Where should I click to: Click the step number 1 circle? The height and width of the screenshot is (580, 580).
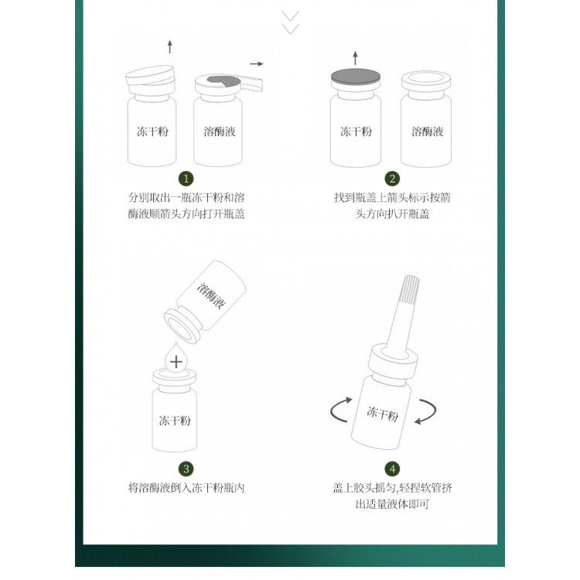point(186,179)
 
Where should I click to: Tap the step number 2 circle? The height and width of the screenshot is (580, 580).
point(392,179)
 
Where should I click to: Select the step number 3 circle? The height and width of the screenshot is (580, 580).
point(186,469)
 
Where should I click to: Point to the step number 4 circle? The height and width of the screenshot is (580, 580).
point(392,469)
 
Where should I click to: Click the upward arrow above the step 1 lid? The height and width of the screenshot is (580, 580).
point(170,46)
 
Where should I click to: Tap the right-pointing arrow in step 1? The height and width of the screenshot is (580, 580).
point(256,63)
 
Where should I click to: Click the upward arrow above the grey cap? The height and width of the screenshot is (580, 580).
point(355,58)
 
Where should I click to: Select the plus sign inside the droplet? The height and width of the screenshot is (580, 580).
point(176,362)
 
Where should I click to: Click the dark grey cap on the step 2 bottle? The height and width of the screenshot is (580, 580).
point(356,77)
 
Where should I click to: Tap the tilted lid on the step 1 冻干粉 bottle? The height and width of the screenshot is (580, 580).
point(150,75)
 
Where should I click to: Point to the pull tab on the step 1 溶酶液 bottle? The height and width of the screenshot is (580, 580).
point(251,83)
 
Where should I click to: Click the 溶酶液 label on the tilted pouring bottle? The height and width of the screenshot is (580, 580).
point(211,296)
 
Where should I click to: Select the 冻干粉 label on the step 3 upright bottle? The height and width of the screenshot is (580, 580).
point(175,421)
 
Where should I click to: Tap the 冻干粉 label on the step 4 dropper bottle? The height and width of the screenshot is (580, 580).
point(383,414)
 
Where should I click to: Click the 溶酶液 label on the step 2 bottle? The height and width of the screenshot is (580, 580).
point(427,131)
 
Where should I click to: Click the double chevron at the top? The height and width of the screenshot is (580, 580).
point(290,22)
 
